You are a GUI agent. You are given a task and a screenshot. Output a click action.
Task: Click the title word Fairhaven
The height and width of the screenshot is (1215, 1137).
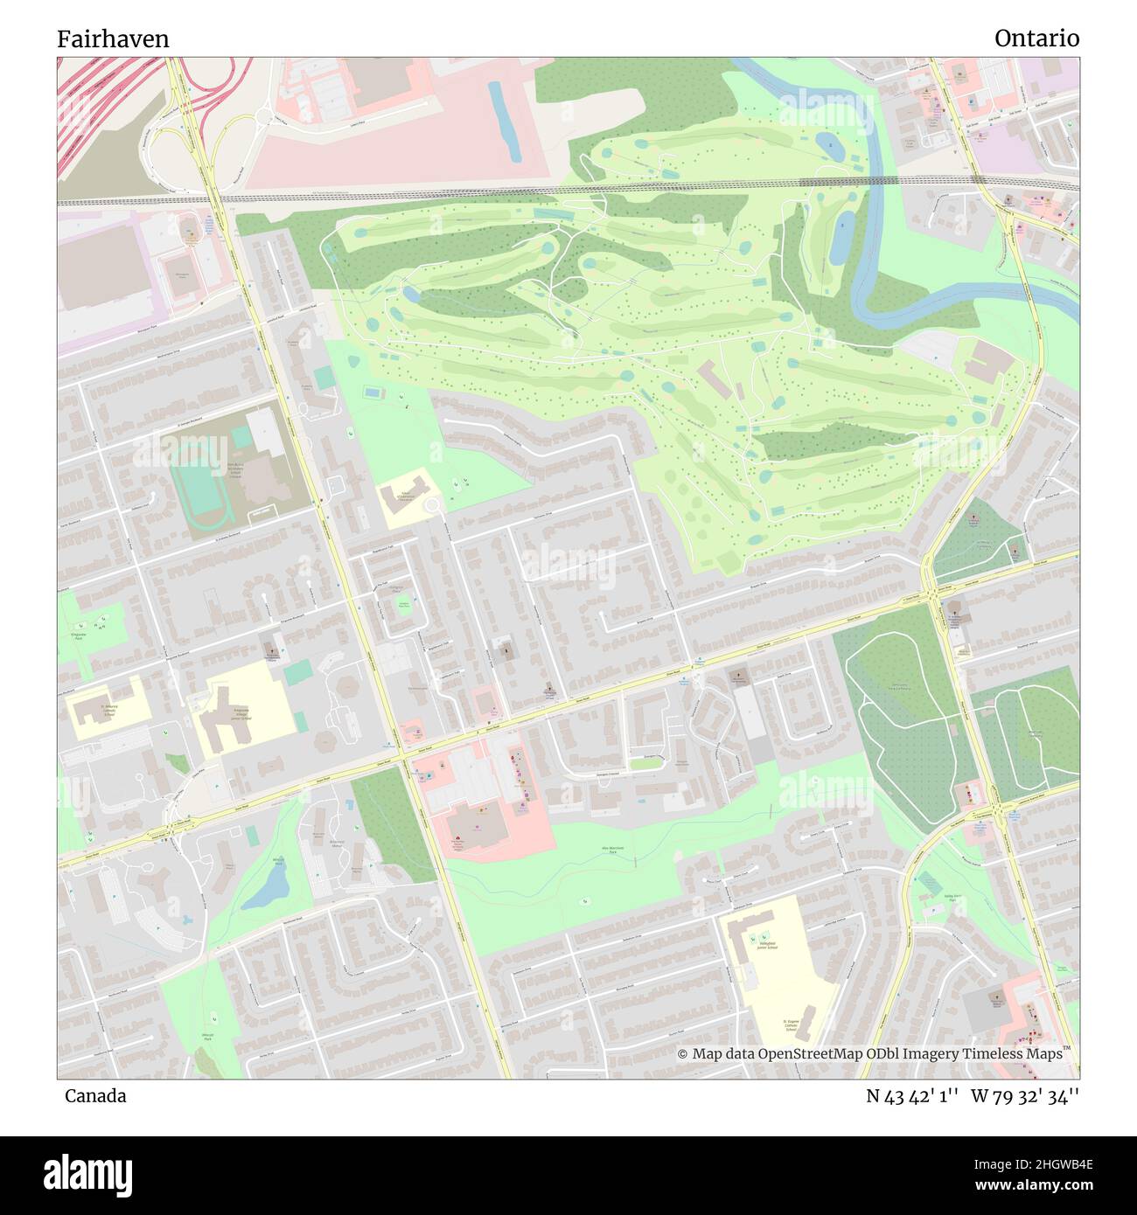point(113,39)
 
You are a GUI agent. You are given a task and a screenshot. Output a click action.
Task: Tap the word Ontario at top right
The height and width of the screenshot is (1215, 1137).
point(1036,38)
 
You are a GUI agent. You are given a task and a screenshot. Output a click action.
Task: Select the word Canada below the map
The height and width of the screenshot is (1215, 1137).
point(94,1096)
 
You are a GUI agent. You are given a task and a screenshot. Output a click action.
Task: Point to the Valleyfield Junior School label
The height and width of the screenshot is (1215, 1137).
point(768,947)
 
